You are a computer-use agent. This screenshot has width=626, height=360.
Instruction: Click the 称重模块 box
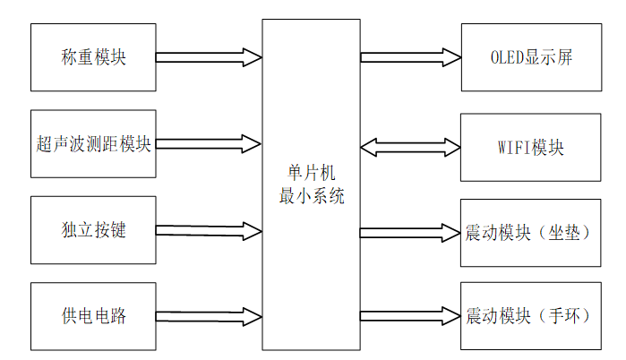[x=93, y=57]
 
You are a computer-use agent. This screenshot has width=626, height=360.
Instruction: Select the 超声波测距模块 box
[x=93, y=143]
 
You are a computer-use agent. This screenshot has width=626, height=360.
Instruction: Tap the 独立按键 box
[x=93, y=230]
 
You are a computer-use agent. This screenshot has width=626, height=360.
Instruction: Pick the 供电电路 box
[x=93, y=316]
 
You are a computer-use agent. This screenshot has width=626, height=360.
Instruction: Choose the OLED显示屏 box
[x=531, y=57]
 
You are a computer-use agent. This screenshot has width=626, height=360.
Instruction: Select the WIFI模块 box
[x=531, y=147]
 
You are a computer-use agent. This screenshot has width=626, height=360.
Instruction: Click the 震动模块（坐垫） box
[x=531, y=233]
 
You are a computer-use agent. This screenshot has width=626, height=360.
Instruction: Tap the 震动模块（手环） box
[x=531, y=316]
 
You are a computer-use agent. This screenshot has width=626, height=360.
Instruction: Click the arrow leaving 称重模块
[x=209, y=57]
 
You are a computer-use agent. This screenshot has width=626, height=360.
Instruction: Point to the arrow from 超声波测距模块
[x=209, y=143]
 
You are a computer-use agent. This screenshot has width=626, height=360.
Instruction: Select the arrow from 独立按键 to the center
[x=209, y=231]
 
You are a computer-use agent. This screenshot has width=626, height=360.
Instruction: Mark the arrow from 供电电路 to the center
[x=209, y=316]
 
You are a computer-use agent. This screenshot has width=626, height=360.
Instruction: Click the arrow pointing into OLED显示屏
[x=411, y=57]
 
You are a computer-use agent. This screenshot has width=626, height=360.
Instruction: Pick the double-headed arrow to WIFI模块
[x=411, y=147]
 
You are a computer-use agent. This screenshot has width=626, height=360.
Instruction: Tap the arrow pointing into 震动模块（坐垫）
[x=411, y=233]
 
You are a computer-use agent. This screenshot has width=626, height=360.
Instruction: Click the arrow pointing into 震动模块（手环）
[x=411, y=316]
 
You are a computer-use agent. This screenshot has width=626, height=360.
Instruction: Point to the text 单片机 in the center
[x=311, y=172]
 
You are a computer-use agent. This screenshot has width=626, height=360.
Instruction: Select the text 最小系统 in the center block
[x=311, y=197]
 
